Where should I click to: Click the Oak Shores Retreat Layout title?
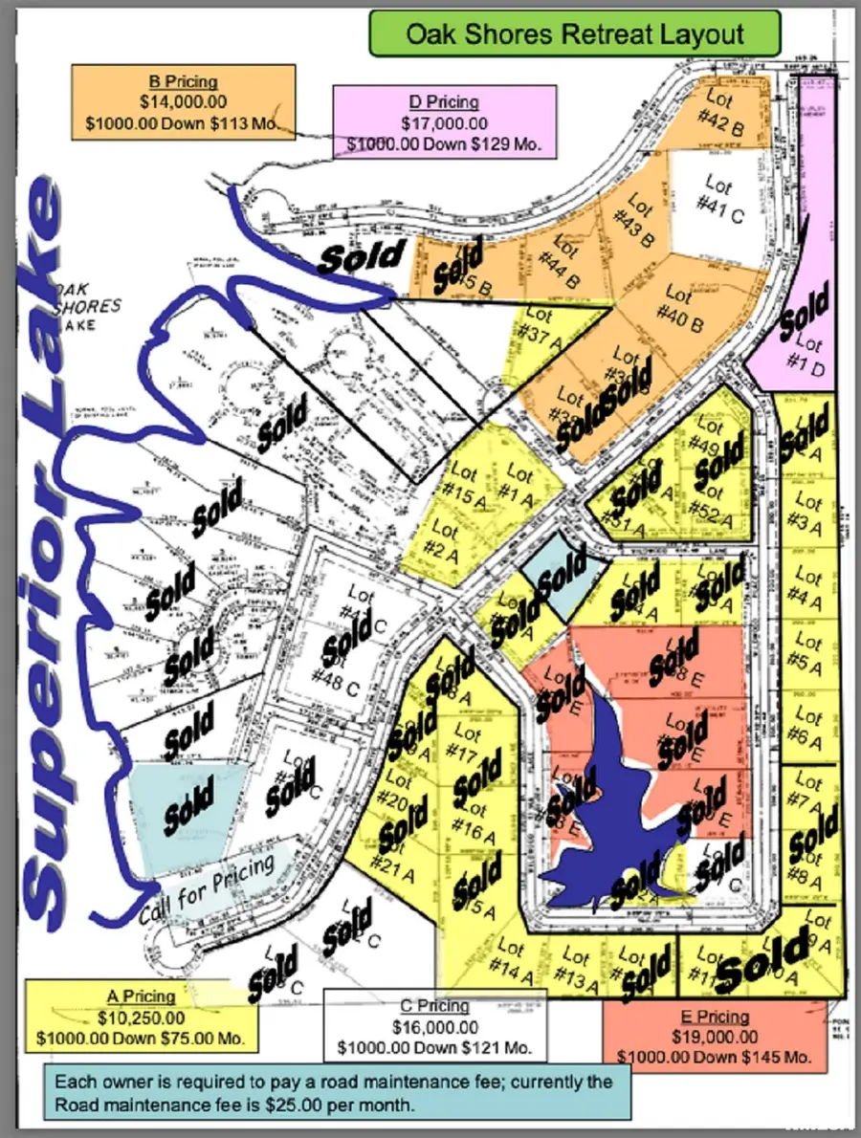(x=575, y=35)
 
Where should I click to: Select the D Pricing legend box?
(x=445, y=122)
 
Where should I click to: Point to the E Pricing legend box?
(x=713, y=1037)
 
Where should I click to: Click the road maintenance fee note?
(x=337, y=1092)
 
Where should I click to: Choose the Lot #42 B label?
(x=724, y=111)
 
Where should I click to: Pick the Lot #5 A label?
(x=809, y=652)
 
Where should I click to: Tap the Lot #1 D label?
(x=808, y=355)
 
